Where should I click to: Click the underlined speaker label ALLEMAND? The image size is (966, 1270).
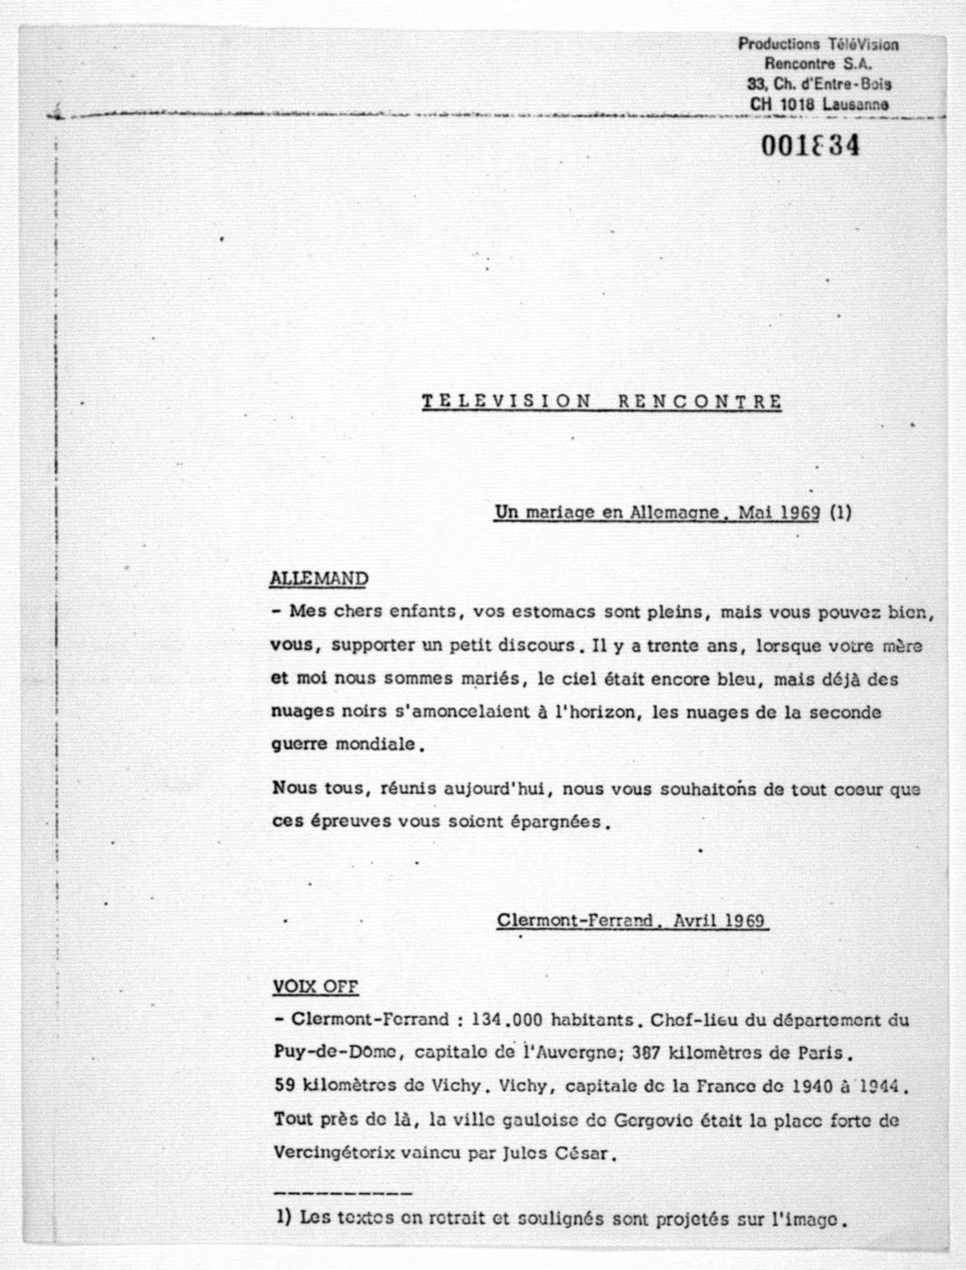pyautogui.click(x=319, y=578)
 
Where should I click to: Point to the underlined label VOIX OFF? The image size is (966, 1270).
pyautogui.click(x=315, y=987)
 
